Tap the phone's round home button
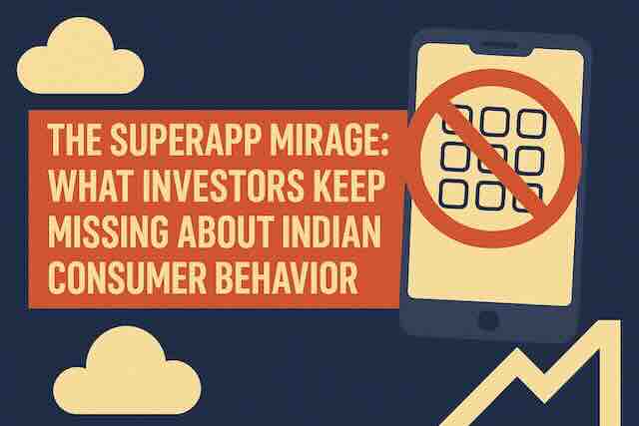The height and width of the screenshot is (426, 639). tap(488, 321)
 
